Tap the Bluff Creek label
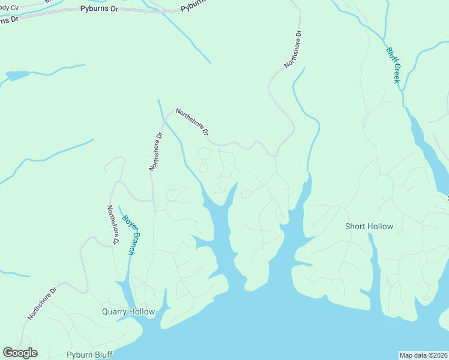(x=393, y=65)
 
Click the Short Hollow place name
(x=369, y=226)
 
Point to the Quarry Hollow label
(x=128, y=312)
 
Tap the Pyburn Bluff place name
(x=89, y=355)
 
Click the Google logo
(x=20, y=353)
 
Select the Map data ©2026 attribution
(x=424, y=355)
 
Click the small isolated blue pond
(x=17, y=76)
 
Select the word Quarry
(x=115, y=312)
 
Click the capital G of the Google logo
(x=8, y=352)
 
